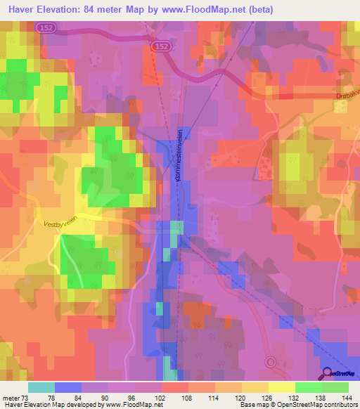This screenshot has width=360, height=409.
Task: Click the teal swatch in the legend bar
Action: click(41, 387)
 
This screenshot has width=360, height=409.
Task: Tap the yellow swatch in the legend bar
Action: click(281, 387)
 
